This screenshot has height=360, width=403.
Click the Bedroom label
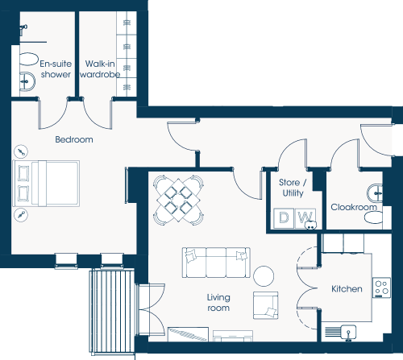[74, 139]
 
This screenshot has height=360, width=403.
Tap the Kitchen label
[347, 289]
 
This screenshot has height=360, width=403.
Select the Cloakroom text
[354, 207]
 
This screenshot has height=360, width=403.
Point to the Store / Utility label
[293, 188]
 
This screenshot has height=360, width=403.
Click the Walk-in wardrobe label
[100, 69]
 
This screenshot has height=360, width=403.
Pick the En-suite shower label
[56, 69]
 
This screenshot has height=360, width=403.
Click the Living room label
[218, 303]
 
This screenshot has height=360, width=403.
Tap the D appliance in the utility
[284, 218]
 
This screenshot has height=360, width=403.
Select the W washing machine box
[305, 218]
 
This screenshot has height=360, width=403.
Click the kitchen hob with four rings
[381, 288]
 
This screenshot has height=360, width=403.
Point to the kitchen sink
[349, 333]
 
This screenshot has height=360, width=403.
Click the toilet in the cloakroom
[373, 217]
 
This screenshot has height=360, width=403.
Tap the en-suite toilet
[29, 59]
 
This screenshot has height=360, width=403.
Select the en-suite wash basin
[27, 81]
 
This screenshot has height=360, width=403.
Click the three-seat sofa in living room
[216, 263]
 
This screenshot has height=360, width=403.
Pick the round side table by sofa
[264, 276]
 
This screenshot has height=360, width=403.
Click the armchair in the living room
[266, 305]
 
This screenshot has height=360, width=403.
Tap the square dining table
[178, 201]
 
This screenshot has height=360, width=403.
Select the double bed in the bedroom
[47, 184]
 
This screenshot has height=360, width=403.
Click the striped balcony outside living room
[112, 312]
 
